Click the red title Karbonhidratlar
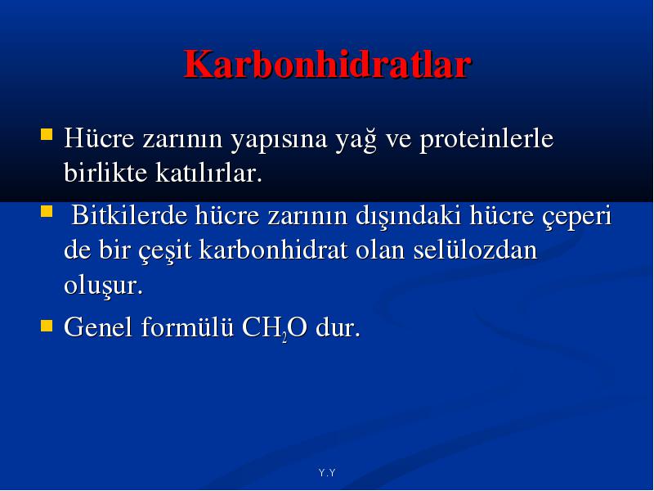coord(328,65)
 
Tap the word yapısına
coord(279,140)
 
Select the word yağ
coord(356,139)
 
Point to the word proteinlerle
coord(486,138)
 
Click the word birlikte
coord(105,172)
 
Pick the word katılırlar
coord(209,172)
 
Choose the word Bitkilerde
coord(129,215)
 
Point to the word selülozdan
coord(475,250)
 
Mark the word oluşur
coord(104,286)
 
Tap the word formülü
coord(187,326)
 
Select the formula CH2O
coord(275,327)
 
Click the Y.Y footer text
coord(327,473)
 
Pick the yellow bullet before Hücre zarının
coord(47,134)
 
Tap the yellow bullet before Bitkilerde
coord(47,211)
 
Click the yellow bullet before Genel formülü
coord(47,326)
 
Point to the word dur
coord(338,327)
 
